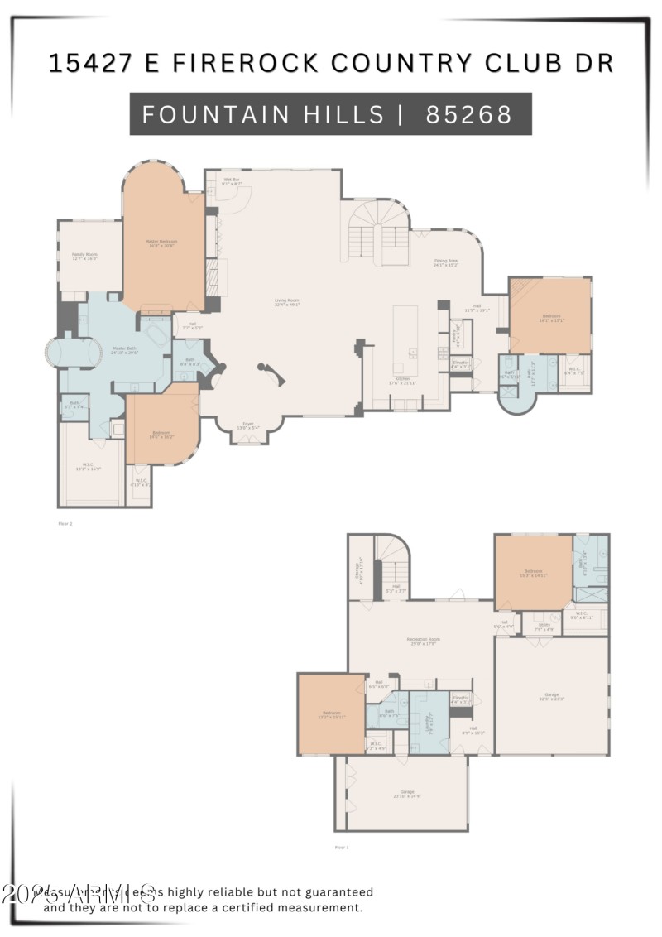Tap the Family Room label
pyautogui.click(x=84, y=257)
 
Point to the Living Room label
pyautogui.click(x=287, y=302)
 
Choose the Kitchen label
pyautogui.click(x=402, y=381)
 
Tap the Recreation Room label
pyautogui.click(x=422, y=641)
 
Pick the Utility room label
pyautogui.click(x=544, y=627)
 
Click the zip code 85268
pyautogui.click(x=469, y=114)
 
